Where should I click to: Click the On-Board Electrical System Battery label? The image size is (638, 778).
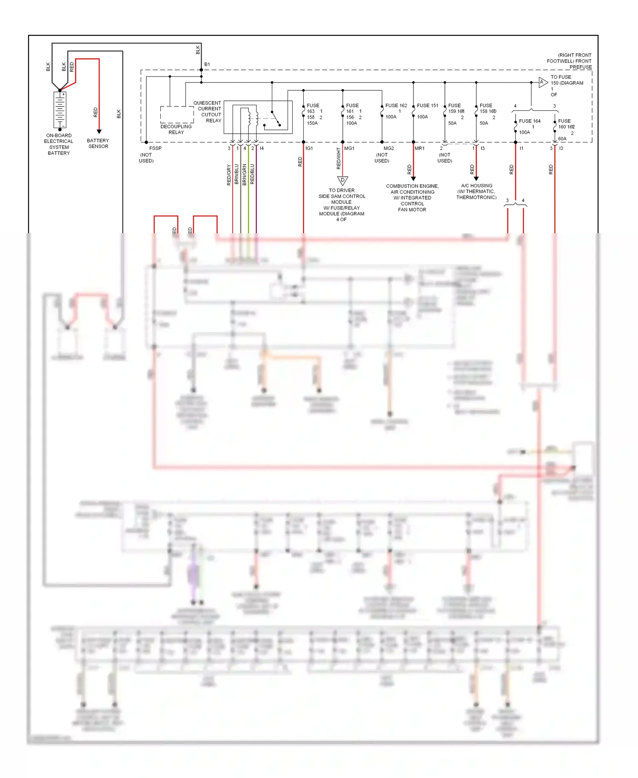[x=59, y=144]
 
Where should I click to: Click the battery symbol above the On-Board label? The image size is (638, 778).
[x=60, y=109]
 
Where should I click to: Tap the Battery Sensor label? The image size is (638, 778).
[x=98, y=143]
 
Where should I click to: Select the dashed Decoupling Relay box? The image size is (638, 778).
[x=177, y=114]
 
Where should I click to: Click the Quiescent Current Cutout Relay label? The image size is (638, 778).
[x=208, y=112]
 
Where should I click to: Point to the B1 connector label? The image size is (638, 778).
[x=207, y=64]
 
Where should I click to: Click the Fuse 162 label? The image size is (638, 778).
[x=396, y=106]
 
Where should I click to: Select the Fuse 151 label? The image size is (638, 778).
[x=427, y=106]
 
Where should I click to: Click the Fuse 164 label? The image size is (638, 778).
[x=530, y=121]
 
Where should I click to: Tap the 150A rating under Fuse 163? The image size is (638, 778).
[x=312, y=123]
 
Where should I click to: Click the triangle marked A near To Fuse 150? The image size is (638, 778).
[x=542, y=82]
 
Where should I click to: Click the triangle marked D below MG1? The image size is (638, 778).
[x=342, y=180]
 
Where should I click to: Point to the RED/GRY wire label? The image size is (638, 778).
[x=229, y=174]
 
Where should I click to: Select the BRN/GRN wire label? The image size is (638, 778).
[x=245, y=174]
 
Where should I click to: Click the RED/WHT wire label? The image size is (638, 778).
[x=339, y=158]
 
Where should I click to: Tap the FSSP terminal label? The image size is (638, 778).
[x=155, y=148]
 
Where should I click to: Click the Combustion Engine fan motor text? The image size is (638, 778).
[x=412, y=197]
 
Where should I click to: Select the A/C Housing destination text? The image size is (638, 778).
[x=476, y=192]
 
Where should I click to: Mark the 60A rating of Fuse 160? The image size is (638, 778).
[x=562, y=139]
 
